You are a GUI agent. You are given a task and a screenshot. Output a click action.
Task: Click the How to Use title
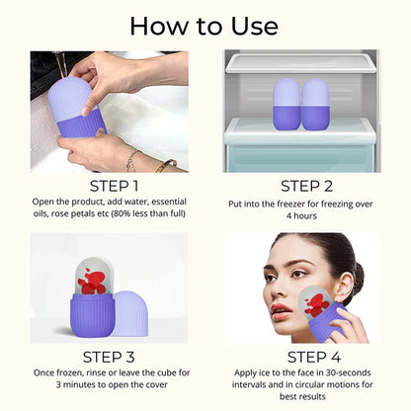tap(205, 25)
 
